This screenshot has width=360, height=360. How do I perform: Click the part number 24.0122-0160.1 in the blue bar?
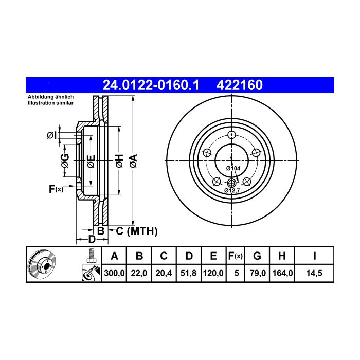tap(151, 85)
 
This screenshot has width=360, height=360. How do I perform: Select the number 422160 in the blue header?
tap(240, 85)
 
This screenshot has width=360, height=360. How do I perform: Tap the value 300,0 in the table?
tap(114, 273)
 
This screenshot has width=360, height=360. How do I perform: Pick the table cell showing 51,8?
tap(189, 273)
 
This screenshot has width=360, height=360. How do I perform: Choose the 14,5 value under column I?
tap(314, 273)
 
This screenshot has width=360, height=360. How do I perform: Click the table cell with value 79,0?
tap(257, 273)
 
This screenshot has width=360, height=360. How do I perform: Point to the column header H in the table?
tap(282, 256)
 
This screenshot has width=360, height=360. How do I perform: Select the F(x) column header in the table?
tap(236, 256)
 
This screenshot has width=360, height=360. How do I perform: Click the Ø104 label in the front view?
tap(233, 168)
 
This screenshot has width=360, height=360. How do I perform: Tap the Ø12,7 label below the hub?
tap(232, 190)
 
